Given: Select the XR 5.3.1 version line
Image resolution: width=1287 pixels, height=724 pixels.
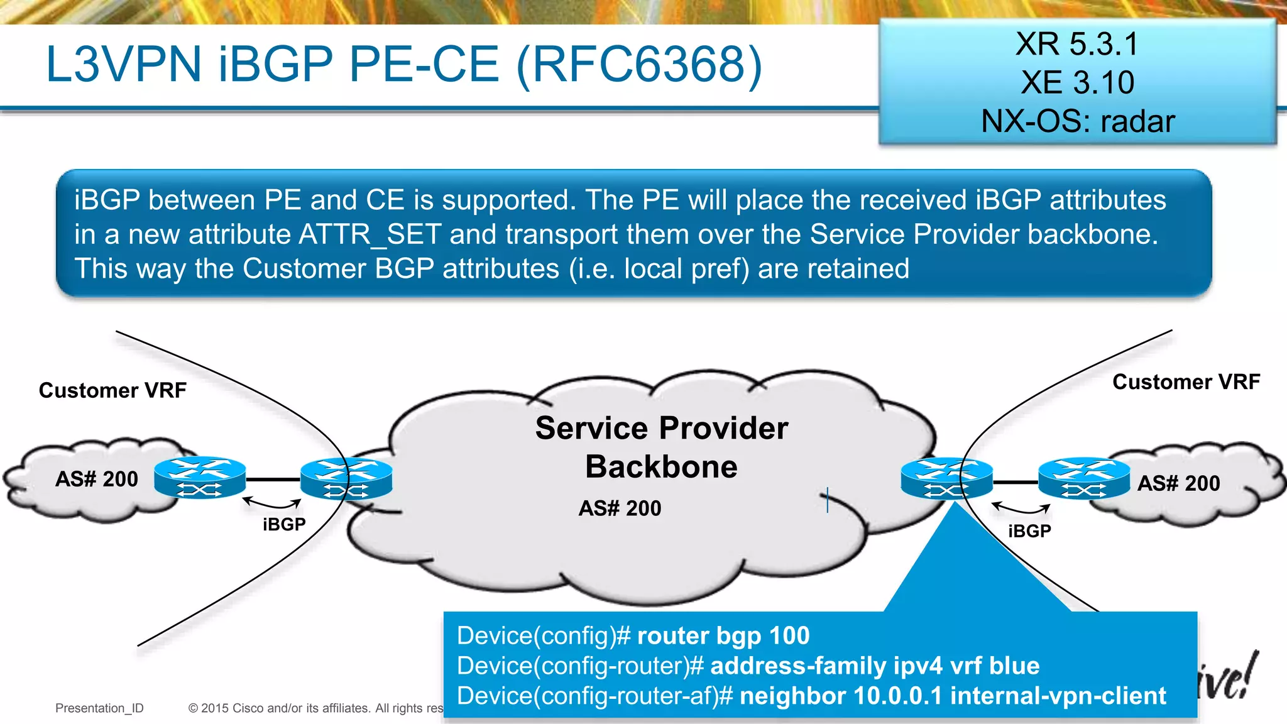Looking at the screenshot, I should pos(1077,44).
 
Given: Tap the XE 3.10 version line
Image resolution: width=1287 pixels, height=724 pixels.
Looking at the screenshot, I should pos(1077,82).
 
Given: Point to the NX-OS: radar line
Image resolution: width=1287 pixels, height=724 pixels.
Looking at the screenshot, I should pos(1077,121).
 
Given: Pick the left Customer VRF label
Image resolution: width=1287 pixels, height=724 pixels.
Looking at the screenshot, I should pos(112,390).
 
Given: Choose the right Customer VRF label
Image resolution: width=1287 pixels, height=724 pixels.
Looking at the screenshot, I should pos(1186,381).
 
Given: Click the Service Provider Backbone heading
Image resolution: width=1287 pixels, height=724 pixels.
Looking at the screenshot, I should pos(661,447).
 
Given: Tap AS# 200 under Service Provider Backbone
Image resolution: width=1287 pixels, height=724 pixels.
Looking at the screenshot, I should pos(620,508).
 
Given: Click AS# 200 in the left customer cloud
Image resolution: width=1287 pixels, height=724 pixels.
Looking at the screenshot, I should pos(96,479).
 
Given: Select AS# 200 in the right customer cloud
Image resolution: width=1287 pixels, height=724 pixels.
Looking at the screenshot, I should pos(1178,483).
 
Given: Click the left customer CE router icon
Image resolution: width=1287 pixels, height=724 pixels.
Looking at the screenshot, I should pos(200,478).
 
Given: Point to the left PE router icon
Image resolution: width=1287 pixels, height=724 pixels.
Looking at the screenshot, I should pos(346,479).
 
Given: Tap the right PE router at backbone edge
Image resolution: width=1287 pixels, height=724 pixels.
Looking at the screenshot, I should pos(946,479).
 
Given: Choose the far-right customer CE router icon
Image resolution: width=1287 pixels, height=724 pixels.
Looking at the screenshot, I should pos(1084,479).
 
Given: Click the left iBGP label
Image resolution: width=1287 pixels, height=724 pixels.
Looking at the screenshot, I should pos(284,524).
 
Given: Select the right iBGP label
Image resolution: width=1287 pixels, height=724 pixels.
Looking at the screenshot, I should pos(1029,531).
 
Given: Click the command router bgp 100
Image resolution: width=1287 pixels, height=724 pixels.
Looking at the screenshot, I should pos(723,636).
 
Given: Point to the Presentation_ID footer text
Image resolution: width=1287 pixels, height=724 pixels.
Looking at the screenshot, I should pos(99,708).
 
